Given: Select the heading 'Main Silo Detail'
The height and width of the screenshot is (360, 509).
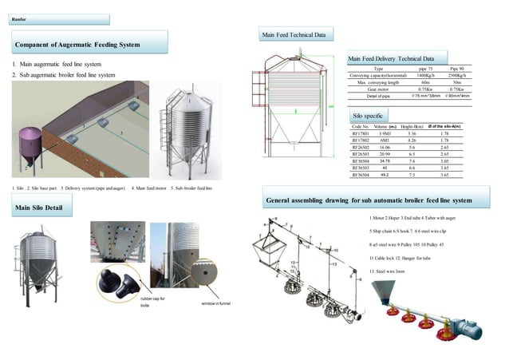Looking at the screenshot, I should click(x=40, y=208).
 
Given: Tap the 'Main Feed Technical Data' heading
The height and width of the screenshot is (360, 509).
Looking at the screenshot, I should click(x=294, y=36).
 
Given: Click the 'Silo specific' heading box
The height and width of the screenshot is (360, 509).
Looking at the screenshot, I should click(x=369, y=117).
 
